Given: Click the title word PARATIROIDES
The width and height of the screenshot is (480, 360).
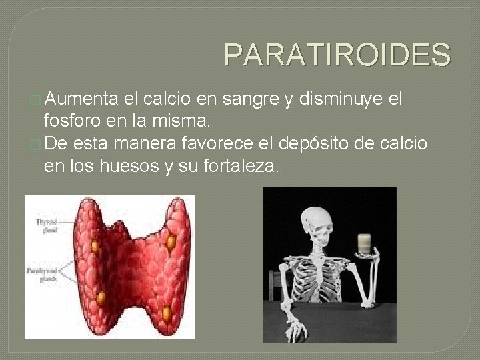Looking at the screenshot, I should (337, 55).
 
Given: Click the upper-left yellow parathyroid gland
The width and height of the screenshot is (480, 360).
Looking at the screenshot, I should (95, 247).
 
